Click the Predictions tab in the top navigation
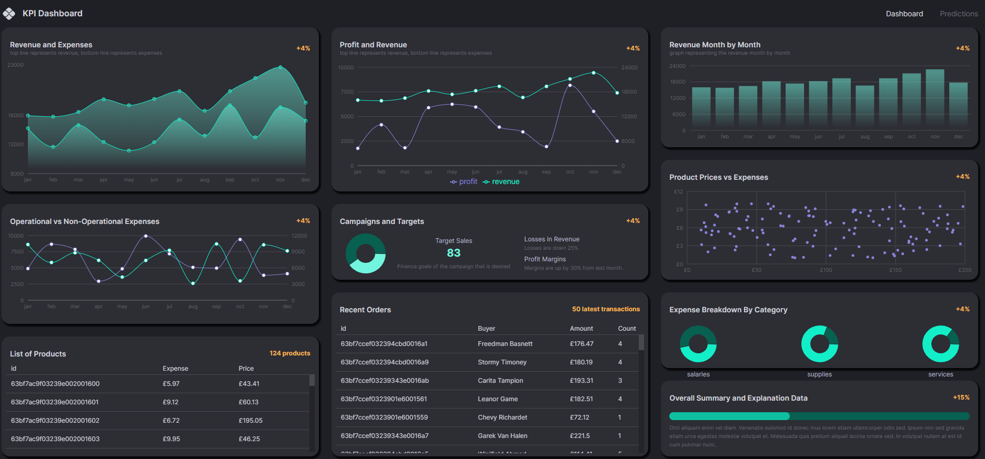coord(959,14)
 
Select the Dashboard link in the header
coord(904,14)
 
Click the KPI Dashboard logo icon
coord(9,13)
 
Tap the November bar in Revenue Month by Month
coord(935,98)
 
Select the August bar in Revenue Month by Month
coord(865,106)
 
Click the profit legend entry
coord(464,182)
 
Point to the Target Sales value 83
coord(454,253)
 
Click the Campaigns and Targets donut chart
coord(366,253)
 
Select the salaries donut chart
coord(698,344)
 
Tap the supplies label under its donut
coord(819,374)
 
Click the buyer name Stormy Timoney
coord(502,362)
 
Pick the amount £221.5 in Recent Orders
coord(580,436)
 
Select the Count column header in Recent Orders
coord(627,329)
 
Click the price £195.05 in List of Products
coord(250,421)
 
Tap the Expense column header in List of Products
coord(175,369)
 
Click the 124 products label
coord(290,353)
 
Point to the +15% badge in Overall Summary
coord(961,397)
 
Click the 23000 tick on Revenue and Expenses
coord(16,65)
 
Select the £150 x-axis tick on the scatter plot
coord(896,270)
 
